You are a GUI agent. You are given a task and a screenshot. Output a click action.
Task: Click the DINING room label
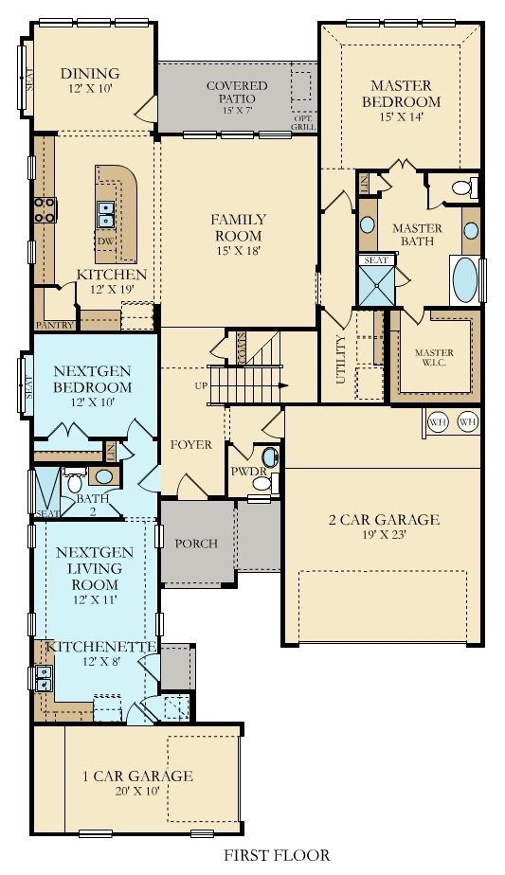pyautogui.click(x=90, y=74)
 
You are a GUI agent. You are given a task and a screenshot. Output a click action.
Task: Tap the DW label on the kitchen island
pyautogui.click(x=105, y=241)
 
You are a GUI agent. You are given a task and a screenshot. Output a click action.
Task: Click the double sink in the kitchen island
pyautogui.click(x=106, y=216)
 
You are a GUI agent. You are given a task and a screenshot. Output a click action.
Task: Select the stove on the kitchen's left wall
pyautogui.click(x=44, y=209)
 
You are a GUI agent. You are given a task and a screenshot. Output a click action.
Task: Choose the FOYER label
pyautogui.click(x=190, y=444)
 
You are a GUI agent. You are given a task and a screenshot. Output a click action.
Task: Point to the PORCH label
pyautogui.click(x=196, y=544)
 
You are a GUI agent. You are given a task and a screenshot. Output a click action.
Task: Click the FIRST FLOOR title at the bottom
pyautogui.click(x=276, y=855)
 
